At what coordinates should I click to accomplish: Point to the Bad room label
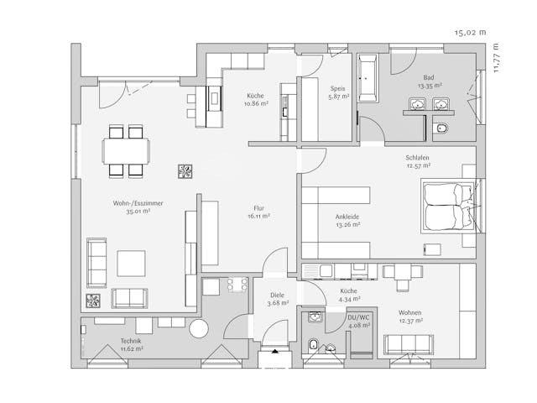[430, 77]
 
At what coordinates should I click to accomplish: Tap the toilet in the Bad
[442, 128]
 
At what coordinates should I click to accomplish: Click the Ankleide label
[347, 216]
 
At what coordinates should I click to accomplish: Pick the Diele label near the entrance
[278, 295]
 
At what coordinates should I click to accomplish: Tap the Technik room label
[131, 340]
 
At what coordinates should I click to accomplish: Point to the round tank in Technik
[201, 327]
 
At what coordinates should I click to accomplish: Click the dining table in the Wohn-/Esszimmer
[126, 151]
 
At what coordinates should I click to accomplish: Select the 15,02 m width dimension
[470, 32]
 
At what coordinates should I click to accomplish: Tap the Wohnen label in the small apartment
[410, 312]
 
